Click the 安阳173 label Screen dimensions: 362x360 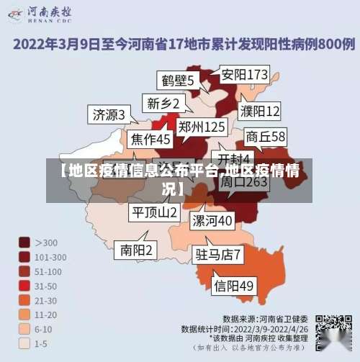pos(244,74)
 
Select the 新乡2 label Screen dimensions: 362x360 pos(163,103)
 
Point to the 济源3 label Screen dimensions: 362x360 pos(109,114)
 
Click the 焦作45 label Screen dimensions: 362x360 pos(150,139)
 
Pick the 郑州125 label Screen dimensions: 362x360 pos(202,127)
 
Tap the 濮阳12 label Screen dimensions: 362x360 pos(260,111)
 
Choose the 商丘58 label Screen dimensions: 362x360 pos(266,136)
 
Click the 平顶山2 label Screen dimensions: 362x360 pos(154,212)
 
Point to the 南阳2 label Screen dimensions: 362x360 pos(136,250)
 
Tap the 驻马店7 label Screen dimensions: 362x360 pos(218,253)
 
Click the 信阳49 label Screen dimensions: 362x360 pos(234,286)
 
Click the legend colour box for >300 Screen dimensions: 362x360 pos(24,243)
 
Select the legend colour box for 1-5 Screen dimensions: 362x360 pos(24,343)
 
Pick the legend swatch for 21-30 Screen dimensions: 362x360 pos(24,300)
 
